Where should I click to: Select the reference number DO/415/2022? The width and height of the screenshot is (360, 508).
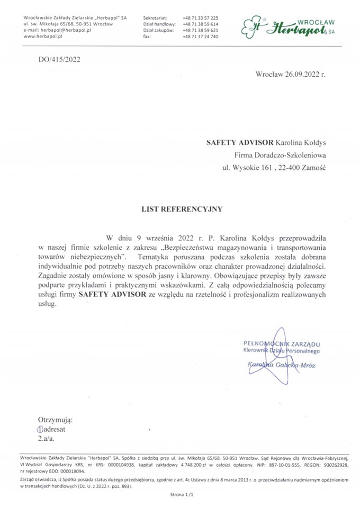click(x=59, y=59)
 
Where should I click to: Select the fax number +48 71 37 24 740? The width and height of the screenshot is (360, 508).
click(x=200, y=37)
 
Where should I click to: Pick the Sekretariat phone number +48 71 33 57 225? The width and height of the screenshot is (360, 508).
click(x=200, y=18)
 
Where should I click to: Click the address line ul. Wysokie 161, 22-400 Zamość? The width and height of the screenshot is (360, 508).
click(x=274, y=168)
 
